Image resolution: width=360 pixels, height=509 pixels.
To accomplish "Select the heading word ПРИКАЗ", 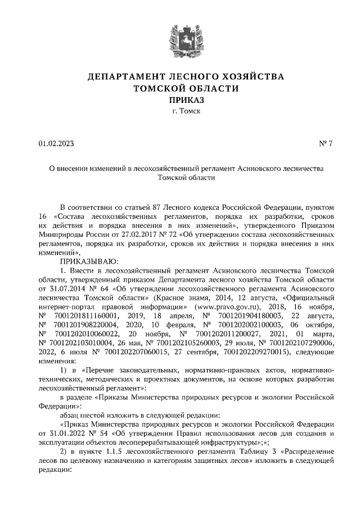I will pyautogui.click(x=186, y=100).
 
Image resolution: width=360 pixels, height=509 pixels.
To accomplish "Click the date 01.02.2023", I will pyautogui.click(x=56, y=143).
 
